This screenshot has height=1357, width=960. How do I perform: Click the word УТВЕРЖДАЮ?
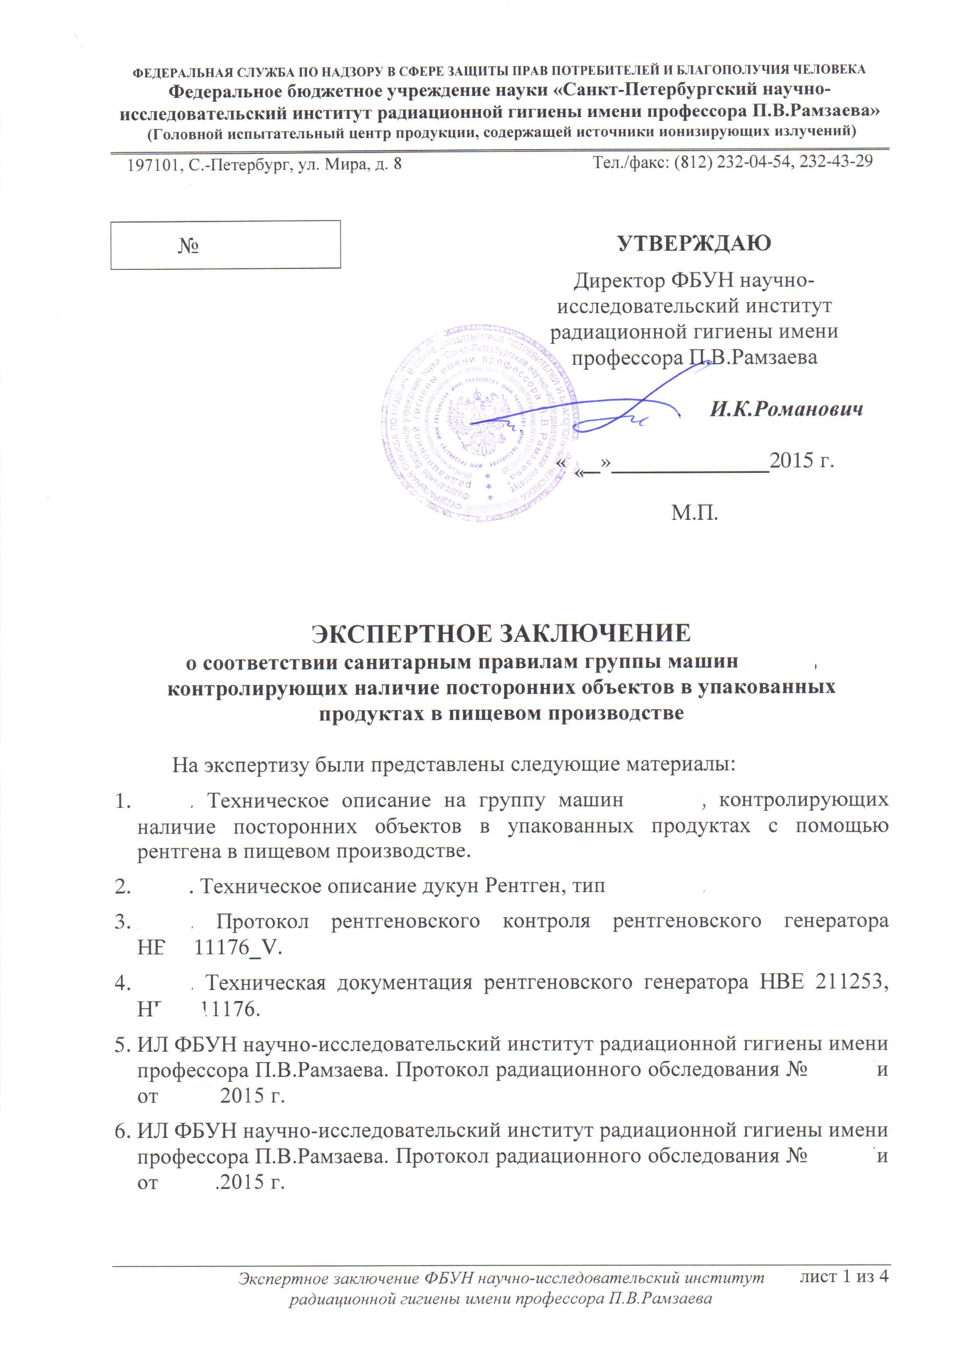tap(694, 243)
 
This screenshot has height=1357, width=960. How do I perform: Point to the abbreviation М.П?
tap(694, 512)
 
